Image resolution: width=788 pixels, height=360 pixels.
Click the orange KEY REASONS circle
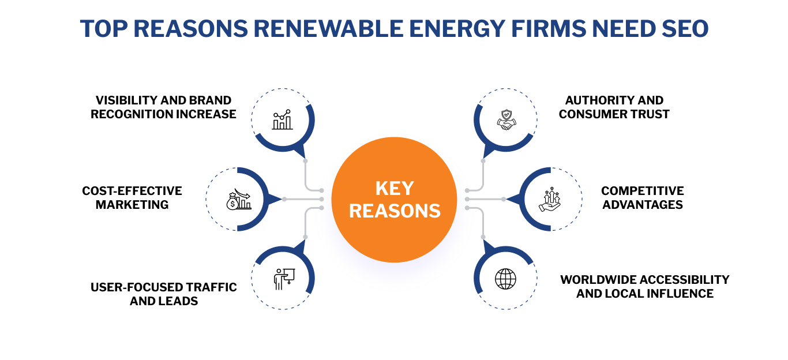pos(395,200)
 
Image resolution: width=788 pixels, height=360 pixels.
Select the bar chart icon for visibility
pos(283,120)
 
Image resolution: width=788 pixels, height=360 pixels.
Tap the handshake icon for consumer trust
pos(506,120)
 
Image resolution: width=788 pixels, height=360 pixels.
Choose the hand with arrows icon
pos(549,199)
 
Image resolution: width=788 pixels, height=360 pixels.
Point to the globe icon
pos(506,279)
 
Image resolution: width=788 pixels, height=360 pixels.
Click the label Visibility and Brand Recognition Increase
pos(163,107)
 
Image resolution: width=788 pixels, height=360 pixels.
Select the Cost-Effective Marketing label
pos(132,197)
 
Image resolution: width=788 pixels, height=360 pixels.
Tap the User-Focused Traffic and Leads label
pos(164,294)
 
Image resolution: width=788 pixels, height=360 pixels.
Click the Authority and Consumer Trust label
pos(614,107)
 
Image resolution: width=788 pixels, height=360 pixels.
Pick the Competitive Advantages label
pos(643,197)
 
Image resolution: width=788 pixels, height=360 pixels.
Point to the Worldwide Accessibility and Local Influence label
pos(645,287)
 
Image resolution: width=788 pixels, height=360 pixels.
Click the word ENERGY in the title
pos(430,28)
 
